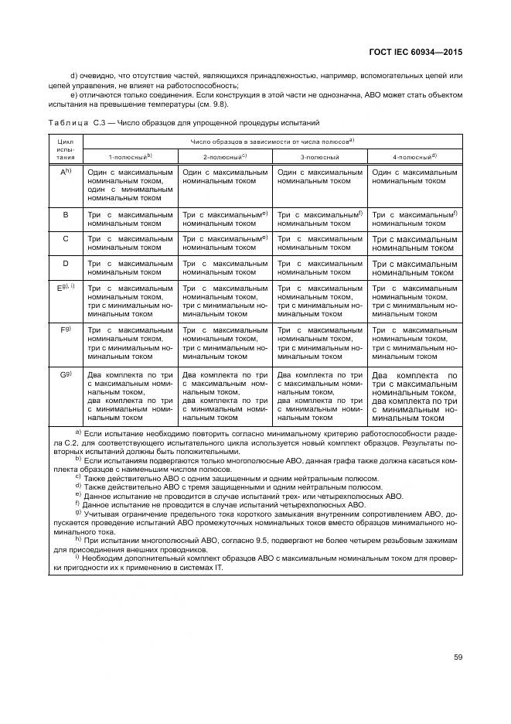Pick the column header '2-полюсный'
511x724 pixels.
point(225,156)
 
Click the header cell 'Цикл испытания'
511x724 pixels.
point(66,149)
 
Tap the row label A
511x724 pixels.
point(66,172)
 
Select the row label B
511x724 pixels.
point(66,214)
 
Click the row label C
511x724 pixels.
point(66,239)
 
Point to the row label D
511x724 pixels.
point(66,264)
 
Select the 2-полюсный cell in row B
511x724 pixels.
point(225,219)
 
